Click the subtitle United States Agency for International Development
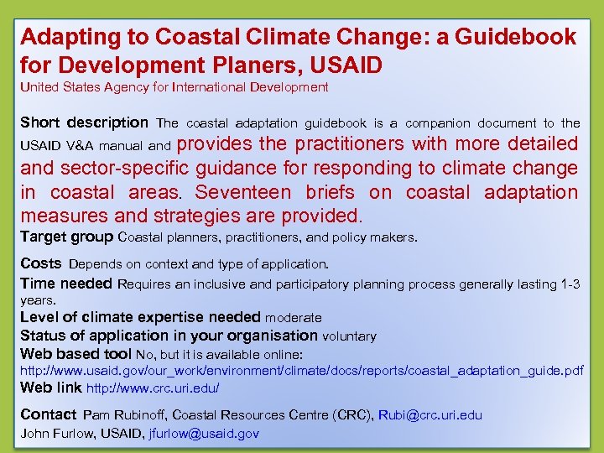pos(174,87)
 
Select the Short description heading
pos(84,122)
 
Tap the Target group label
pos(67,237)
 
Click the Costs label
pos(41,263)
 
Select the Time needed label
pos(66,284)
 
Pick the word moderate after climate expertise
pos(293,318)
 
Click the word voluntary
pos(349,336)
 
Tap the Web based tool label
pos(75,353)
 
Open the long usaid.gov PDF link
pos(301,370)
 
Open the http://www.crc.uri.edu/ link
pos(153,388)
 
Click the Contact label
pos(48,414)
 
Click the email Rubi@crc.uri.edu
pos(430,415)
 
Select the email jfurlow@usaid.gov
pos(204,434)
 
